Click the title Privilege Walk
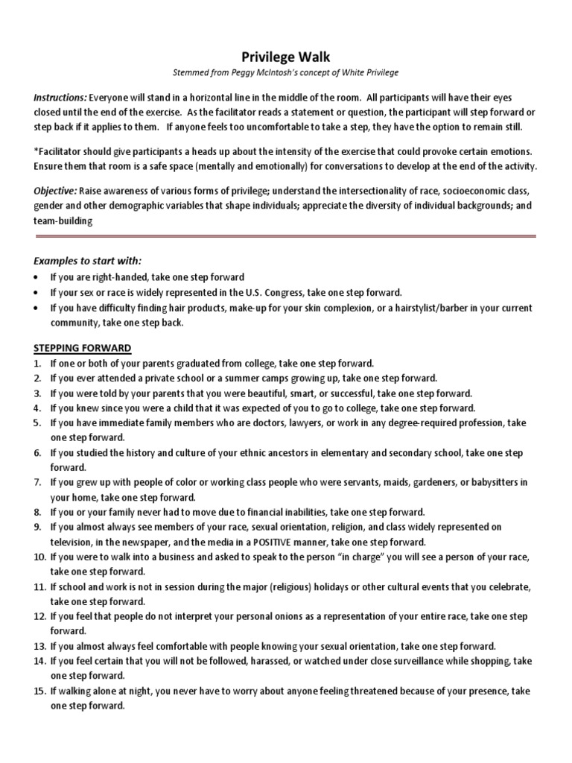click(286, 57)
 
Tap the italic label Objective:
click(54, 190)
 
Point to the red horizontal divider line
click(286, 236)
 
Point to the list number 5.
click(37, 422)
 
